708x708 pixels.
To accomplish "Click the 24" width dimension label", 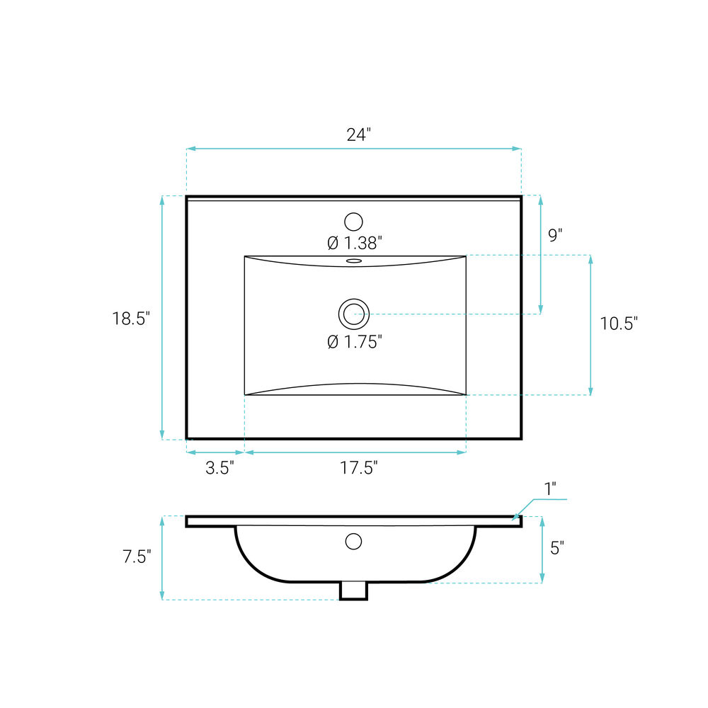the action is (358, 134).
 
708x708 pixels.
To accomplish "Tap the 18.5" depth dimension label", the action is (131, 319).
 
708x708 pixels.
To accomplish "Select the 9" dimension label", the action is (555, 235).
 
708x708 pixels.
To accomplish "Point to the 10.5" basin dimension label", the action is (619, 324).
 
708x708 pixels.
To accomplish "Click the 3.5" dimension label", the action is (220, 468).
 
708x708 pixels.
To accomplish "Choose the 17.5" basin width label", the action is (358, 467).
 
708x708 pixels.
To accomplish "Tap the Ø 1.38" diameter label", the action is (355, 243).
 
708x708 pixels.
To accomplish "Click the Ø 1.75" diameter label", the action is (355, 342).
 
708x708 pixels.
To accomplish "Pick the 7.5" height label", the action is (137, 556).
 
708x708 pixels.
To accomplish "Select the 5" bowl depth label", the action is (557, 548).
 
